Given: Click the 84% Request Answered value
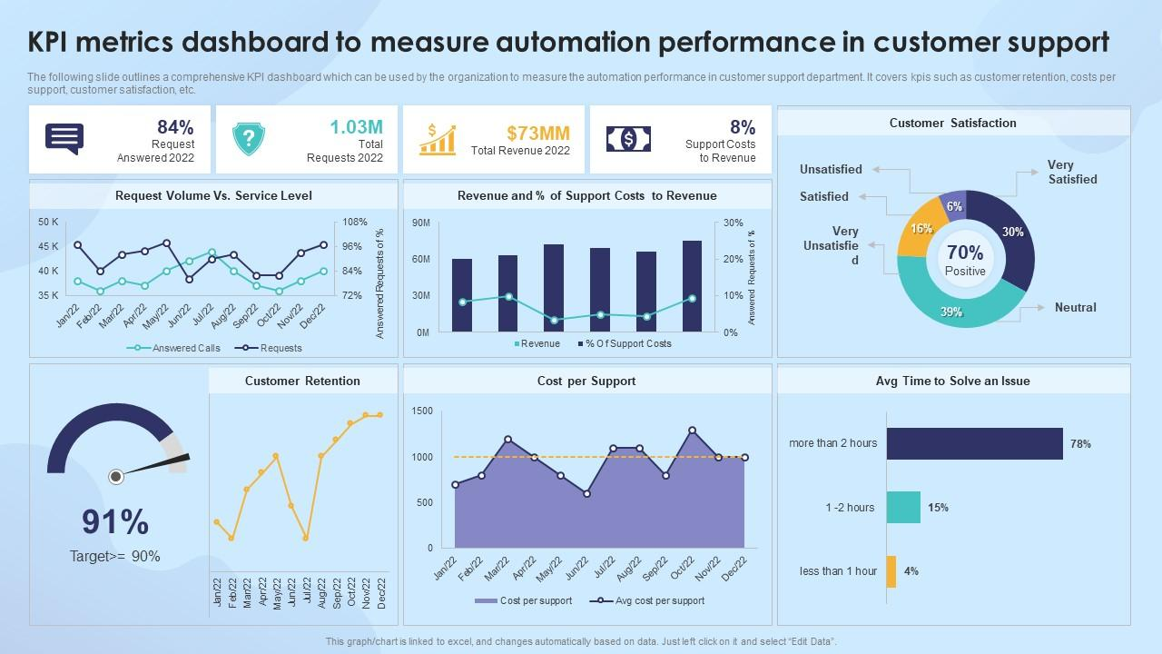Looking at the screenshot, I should point(175,127).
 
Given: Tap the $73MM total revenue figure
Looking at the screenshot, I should point(538,133).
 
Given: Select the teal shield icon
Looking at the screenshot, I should point(248,139).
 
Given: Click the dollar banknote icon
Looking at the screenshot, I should point(628,139).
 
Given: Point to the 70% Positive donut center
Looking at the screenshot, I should point(965,259).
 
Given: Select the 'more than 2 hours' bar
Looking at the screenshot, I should point(974,443).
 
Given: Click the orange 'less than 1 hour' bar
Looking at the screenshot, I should point(891,571).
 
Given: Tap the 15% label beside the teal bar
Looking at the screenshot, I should point(938,508).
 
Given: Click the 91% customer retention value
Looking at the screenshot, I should point(115,522).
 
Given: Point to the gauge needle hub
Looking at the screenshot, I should point(116,476).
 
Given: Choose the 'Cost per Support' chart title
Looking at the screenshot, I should point(586,381).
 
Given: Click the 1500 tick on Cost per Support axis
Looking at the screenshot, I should point(422,411).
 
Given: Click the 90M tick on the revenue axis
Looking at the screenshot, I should point(420,223).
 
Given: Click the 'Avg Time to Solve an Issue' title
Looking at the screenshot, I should point(953,381).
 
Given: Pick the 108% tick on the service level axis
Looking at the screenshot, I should point(354,222).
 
